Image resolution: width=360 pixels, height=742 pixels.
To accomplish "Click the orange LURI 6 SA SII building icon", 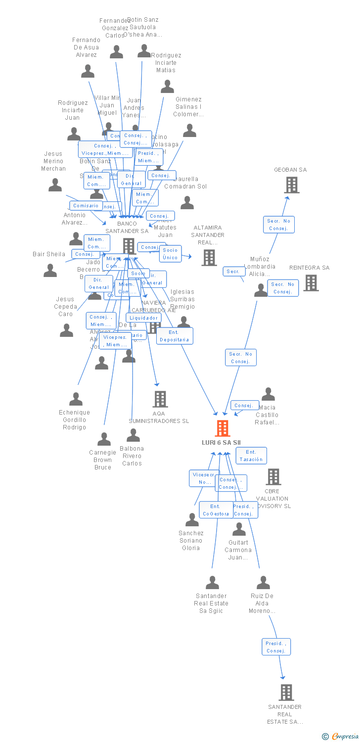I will tap(223, 428).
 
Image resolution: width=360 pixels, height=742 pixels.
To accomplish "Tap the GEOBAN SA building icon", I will tap(292, 185).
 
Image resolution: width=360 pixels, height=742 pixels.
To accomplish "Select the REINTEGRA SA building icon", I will tap(311, 283).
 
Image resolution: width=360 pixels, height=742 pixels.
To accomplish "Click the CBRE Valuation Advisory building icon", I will tap(273, 477).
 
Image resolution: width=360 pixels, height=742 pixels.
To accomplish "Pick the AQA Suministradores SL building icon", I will tap(160, 399).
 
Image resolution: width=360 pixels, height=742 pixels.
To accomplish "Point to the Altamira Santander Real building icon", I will tap(209, 257).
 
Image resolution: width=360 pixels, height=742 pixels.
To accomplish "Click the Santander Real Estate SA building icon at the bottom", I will tap(286, 692).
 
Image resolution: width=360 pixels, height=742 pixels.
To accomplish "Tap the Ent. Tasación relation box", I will tap(251, 456).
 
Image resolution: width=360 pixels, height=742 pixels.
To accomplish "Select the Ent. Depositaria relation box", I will tap(175, 336).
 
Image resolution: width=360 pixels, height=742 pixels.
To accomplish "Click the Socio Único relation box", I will tap(170, 254).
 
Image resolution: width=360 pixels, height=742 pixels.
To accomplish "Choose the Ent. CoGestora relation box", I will tap(216, 510).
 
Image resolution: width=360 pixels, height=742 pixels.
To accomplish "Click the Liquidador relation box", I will tap(143, 318).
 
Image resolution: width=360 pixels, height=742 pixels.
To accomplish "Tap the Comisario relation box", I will tap(86, 205).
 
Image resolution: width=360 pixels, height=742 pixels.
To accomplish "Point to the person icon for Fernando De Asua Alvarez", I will tap(88, 72).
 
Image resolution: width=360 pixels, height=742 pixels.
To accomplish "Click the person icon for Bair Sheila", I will tap(50, 271).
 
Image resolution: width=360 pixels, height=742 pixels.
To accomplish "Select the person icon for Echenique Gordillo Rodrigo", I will tap(76, 399).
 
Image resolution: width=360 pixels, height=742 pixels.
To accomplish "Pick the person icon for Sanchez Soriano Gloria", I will tap(192, 520).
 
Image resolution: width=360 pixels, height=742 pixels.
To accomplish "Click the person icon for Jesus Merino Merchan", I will tap(55, 185).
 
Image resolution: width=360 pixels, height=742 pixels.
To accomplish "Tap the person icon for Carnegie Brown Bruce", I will tap(104, 439).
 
